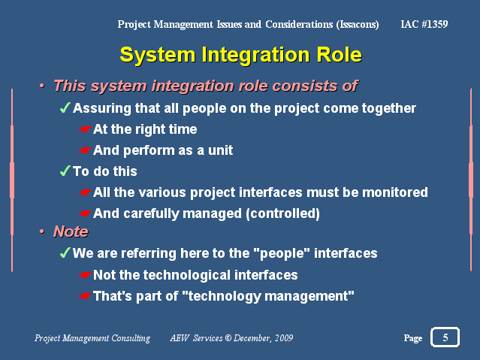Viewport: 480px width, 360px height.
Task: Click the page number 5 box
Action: click(445, 337)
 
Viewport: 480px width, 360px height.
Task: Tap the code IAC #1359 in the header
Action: click(424, 24)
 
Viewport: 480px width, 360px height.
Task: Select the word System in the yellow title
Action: click(157, 55)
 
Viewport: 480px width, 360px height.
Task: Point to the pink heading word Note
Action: click(71, 231)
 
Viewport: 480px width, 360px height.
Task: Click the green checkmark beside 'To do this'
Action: click(65, 171)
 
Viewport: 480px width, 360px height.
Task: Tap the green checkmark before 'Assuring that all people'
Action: click(65, 107)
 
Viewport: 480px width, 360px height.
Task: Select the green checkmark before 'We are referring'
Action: click(65, 253)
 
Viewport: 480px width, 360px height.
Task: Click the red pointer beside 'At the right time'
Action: click(86, 129)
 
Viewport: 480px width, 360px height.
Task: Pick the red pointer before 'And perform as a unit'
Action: click(86, 150)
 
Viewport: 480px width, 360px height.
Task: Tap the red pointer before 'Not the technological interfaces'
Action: click(86, 275)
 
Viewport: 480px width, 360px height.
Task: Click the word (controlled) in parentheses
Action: click(283, 213)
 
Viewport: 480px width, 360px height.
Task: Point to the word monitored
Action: click(395, 192)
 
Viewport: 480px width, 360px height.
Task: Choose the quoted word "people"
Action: click(282, 254)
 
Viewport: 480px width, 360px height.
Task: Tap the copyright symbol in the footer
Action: click(228, 337)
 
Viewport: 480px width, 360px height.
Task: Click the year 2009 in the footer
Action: click(284, 337)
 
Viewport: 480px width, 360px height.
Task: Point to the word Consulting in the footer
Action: click(131, 338)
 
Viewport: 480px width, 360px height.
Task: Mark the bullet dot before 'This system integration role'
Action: click(42, 86)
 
